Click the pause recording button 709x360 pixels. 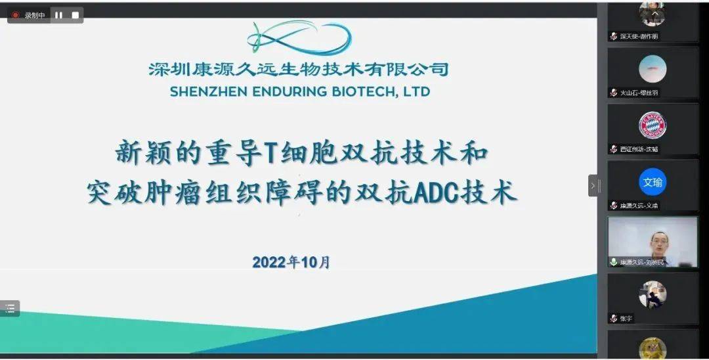pos(58,15)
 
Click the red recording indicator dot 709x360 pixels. pos(16,15)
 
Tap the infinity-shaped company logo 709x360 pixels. pos(299,37)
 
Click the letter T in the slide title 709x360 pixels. pos(269,153)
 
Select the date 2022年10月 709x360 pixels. pos(291,262)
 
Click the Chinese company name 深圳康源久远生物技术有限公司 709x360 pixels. pos(299,69)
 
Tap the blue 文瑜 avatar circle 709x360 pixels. pos(653,182)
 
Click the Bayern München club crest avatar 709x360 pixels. pos(653,125)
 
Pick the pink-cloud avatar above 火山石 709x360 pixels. pos(653,69)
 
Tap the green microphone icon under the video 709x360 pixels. pos(613,262)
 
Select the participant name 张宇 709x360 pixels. pos(626,319)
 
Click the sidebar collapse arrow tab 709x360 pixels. pos(593,185)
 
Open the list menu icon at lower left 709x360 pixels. pos(10,308)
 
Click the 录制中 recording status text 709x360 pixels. pos(35,15)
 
